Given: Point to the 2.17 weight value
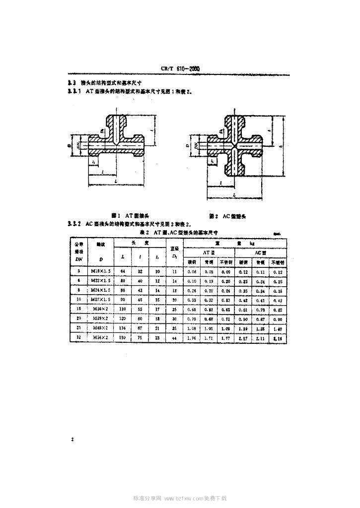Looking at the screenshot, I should [x=243, y=338].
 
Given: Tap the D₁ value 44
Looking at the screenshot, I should [x=174, y=338].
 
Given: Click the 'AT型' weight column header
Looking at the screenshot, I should [x=207, y=253].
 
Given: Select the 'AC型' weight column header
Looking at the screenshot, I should [x=260, y=253].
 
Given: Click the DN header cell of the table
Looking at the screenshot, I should [x=78, y=252].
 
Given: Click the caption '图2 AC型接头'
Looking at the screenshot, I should [x=228, y=216].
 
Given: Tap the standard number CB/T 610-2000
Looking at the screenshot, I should [x=180, y=69].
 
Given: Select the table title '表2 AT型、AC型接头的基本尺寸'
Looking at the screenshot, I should [x=179, y=232].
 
